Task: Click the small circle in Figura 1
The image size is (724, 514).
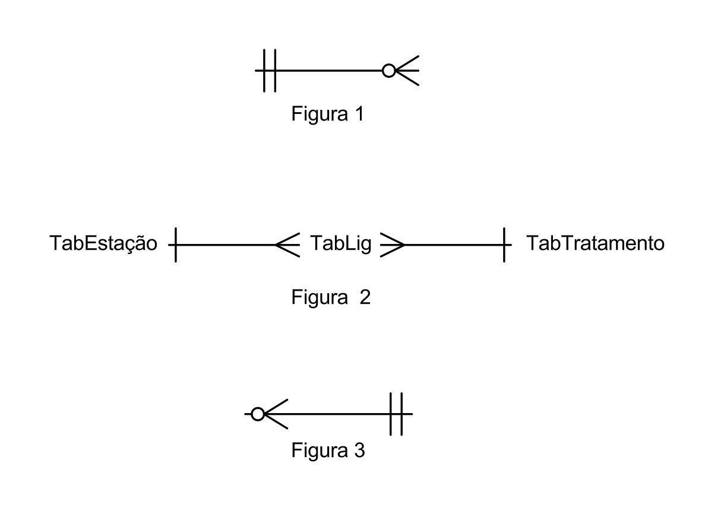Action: point(389,71)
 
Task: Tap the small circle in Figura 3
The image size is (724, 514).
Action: point(257,414)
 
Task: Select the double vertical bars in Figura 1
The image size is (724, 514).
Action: point(269,71)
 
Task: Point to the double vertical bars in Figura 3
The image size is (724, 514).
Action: point(396,414)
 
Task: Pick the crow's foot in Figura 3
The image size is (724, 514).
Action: point(276,414)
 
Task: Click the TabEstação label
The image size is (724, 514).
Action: point(103,243)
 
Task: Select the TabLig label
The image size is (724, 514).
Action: point(340,243)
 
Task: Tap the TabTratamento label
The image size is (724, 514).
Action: point(595,243)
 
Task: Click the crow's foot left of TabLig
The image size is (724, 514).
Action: point(288,244)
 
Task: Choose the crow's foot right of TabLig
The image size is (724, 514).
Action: point(392,244)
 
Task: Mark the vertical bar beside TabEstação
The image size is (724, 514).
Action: point(176,244)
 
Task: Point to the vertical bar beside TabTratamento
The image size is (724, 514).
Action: point(504,244)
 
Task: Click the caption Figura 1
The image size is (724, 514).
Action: point(327,113)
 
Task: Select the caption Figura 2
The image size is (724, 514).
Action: point(331,296)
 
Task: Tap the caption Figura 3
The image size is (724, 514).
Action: point(328,450)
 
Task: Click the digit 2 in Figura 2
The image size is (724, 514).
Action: point(365,296)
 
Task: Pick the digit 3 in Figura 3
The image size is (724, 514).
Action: point(359,450)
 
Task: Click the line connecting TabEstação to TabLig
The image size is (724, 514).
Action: point(226,244)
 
